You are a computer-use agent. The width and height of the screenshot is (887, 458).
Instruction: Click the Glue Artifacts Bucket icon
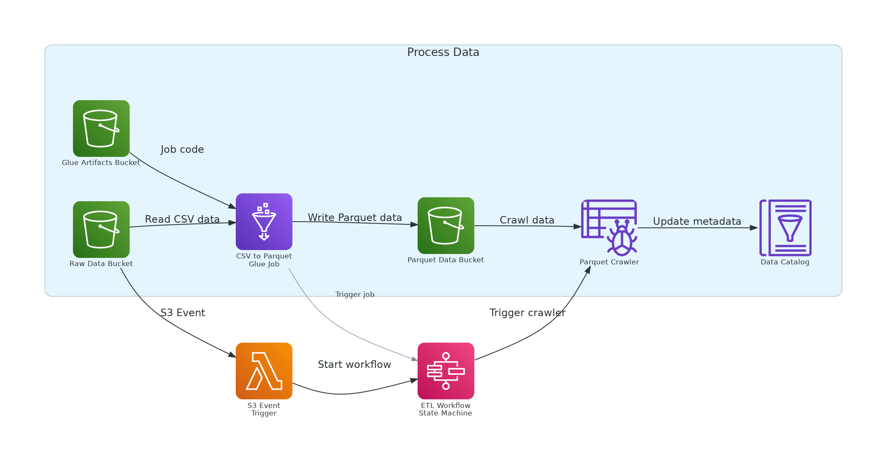click(101, 128)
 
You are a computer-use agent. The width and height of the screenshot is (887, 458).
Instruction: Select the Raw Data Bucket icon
click(101, 229)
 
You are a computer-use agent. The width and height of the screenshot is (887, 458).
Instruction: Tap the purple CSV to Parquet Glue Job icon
click(264, 221)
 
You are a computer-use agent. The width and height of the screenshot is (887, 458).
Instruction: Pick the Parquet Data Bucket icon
click(446, 226)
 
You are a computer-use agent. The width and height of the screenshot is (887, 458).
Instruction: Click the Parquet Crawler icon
click(609, 227)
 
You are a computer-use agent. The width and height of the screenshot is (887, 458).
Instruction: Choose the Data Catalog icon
click(785, 228)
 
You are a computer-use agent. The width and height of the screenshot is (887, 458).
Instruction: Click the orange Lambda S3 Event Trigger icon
click(264, 371)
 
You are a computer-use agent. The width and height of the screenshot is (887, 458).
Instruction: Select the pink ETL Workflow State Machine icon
click(446, 371)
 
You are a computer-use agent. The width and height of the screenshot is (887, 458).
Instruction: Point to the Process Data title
click(443, 52)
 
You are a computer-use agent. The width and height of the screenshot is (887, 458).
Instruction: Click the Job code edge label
click(182, 149)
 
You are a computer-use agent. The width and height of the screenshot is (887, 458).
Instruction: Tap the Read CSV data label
click(182, 219)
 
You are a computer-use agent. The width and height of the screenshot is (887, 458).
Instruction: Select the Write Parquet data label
click(354, 218)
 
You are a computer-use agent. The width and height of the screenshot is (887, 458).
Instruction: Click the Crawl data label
click(527, 220)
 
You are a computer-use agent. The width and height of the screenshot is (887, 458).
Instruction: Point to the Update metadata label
click(697, 221)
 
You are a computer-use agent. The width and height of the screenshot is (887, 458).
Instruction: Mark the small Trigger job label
click(354, 295)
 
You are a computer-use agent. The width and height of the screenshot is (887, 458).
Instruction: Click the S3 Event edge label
click(182, 313)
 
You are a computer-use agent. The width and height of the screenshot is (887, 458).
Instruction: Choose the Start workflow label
click(354, 365)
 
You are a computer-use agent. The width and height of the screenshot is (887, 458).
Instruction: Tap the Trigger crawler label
click(527, 313)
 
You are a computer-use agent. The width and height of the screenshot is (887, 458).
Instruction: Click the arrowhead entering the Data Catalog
click(754, 228)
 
